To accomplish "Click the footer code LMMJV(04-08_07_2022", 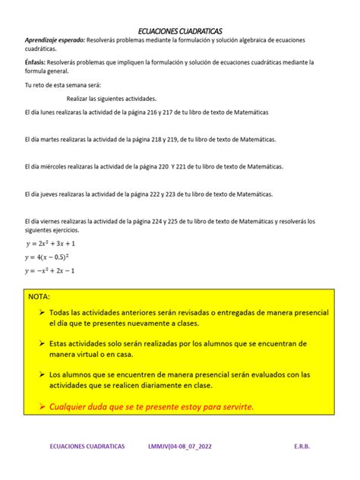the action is [x=180, y=447].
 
